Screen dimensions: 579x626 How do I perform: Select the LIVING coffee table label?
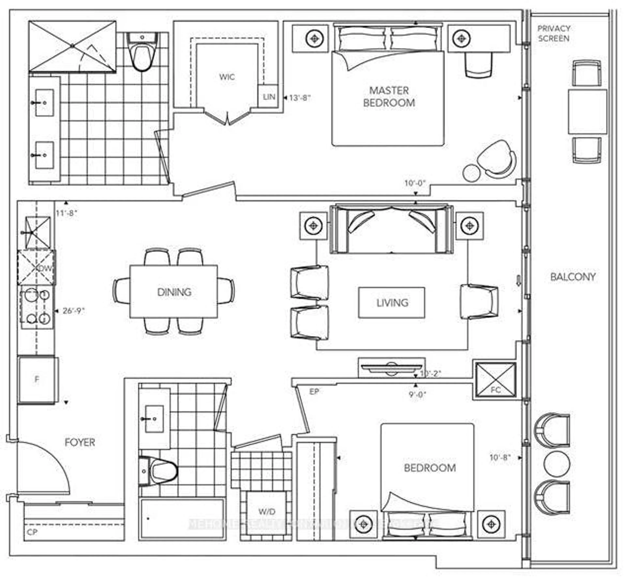tap(392, 303)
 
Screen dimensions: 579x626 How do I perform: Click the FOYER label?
tap(80, 442)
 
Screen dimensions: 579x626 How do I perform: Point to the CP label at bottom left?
tap(32, 532)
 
